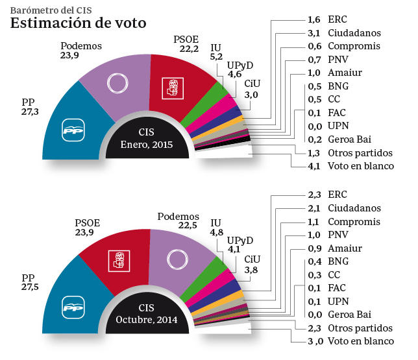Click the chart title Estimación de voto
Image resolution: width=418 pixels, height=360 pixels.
tap(78, 23)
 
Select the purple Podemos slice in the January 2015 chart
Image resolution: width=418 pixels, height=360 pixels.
tap(117, 84)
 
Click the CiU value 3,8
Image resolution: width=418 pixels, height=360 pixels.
tap(251, 270)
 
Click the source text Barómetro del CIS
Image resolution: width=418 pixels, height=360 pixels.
tap(49, 7)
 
